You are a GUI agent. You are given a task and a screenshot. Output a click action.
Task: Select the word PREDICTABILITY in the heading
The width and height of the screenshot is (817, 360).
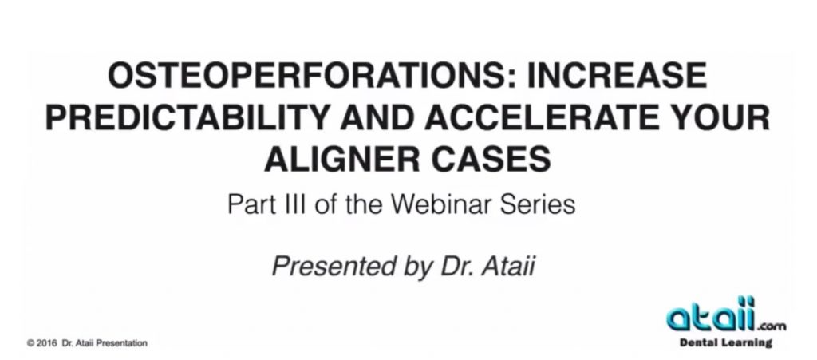tap(187, 118)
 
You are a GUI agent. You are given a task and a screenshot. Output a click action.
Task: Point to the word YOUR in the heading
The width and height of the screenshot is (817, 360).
tap(717, 118)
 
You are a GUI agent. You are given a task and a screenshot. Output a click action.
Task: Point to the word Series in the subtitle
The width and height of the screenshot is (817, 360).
tap(537, 204)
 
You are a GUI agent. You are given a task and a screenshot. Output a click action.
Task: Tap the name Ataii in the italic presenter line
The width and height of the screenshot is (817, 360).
tap(507, 267)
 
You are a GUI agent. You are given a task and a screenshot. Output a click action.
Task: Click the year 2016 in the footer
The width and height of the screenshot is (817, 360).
tap(47, 343)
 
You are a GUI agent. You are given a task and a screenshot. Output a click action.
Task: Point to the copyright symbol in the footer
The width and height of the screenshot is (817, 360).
tap(31, 343)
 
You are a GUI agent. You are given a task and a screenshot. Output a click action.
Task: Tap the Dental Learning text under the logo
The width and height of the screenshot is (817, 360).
tap(725, 342)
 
